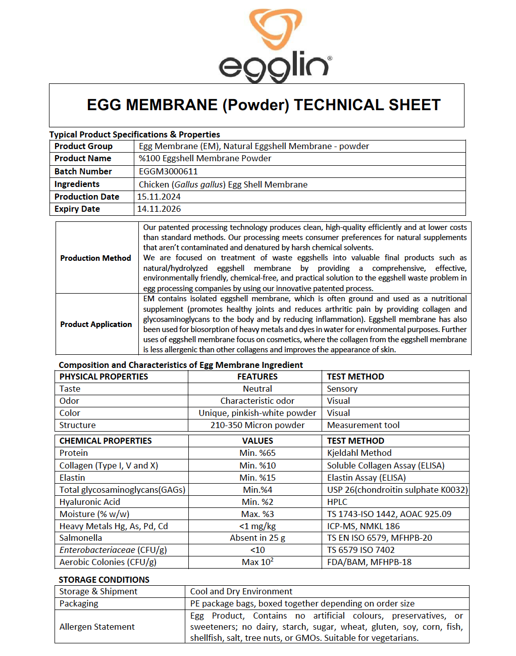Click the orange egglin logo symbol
pos(275,29)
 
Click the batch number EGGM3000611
pos(168,171)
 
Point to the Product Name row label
pos(83,158)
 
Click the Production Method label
pos(95,258)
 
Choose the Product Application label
pos(96,324)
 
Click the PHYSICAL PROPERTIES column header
pos(104,377)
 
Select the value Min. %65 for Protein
pos(257,453)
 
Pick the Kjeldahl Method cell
pos(359,453)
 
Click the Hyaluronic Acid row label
pos(89,502)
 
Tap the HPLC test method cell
pos(337,502)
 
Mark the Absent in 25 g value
pos(257,538)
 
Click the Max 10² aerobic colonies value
pos(257,562)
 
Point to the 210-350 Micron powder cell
pos(257,425)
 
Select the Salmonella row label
pos(80,538)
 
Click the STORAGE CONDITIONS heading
pos(104,580)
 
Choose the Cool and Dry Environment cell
pos(241,591)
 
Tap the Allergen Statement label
pos(97,627)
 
